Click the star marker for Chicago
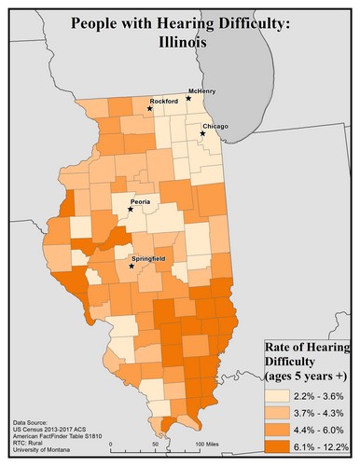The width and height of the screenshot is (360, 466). [x=202, y=134]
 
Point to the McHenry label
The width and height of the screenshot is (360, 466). [x=201, y=90]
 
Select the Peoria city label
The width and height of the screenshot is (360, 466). [x=141, y=200]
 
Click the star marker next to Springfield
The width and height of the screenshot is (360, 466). [x=132, y=266]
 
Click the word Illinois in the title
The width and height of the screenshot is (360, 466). [x=181, y=42]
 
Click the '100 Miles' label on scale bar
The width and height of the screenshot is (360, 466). [x=207, y=446]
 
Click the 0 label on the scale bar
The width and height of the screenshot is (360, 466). [x=110, y=446]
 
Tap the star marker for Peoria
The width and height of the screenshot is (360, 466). [x=131, y=209]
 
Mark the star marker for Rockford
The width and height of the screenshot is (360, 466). [x=148, y=109]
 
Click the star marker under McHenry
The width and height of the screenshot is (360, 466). [x=188, y=98]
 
